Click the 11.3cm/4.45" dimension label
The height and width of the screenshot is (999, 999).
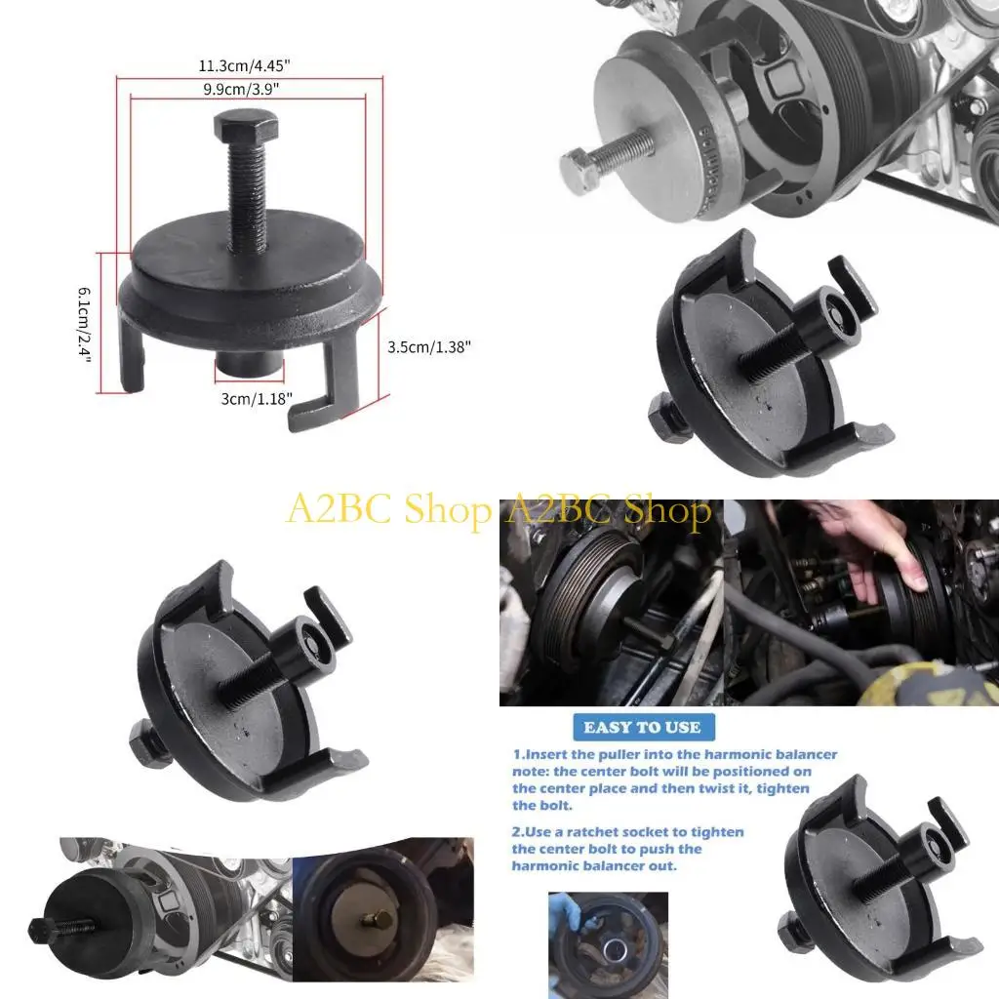pyautogui.click(x=250, y=66)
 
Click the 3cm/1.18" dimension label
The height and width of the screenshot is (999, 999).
pyautogui.click(x=248, y=398)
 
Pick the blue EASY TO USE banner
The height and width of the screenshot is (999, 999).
pyautogui.click(x=641, y=727)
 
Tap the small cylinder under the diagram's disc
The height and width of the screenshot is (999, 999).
pyautogui.click(x=249, y=371)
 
